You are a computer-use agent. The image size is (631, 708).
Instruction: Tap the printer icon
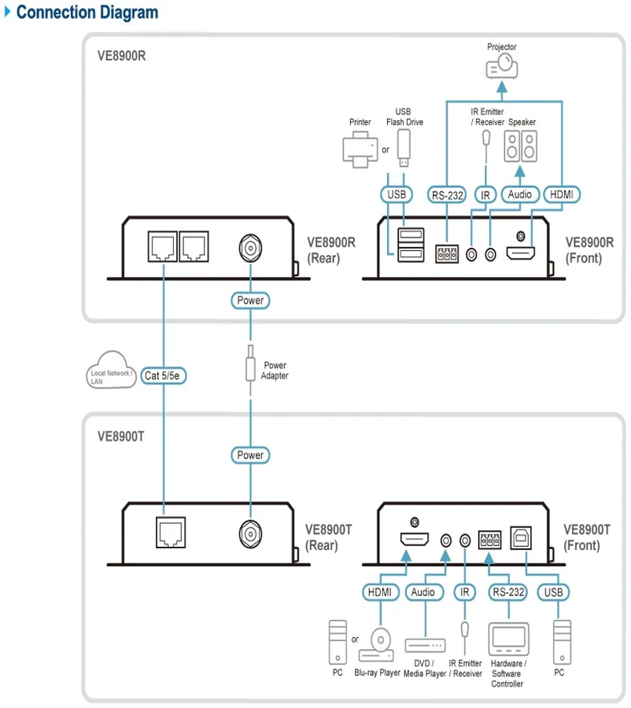coord(360,149)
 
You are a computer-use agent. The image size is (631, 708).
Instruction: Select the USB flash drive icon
coord(404,148)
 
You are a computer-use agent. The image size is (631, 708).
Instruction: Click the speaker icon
coord(520,146)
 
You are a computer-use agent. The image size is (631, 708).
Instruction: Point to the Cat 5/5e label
coord(163,376)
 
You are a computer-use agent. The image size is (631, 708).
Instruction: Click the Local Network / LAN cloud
coord(111,371)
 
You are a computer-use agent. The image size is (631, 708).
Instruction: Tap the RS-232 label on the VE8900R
coord(447,195)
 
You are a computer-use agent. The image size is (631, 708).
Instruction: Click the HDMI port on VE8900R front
coord(520,253)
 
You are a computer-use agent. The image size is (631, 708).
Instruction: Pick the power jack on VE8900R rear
coord(250,248)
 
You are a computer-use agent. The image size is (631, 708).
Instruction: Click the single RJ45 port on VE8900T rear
coord(171,533)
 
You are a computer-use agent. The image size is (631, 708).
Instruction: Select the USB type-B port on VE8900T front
coord(521,538)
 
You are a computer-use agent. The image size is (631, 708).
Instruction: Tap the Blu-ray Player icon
coord(377,645)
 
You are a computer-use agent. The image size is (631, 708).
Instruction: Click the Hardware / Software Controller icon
coord(508,639)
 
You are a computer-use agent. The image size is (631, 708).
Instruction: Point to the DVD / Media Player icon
coord(425,646)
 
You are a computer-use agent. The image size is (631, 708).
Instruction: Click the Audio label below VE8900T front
coord(423,592)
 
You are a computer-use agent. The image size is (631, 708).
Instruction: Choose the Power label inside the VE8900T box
coord(250,455)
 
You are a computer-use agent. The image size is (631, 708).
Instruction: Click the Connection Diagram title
coord(87,12)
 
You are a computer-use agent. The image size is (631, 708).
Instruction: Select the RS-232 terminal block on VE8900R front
coord(447,254)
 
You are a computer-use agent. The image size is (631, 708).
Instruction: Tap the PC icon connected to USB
coord(562,642)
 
